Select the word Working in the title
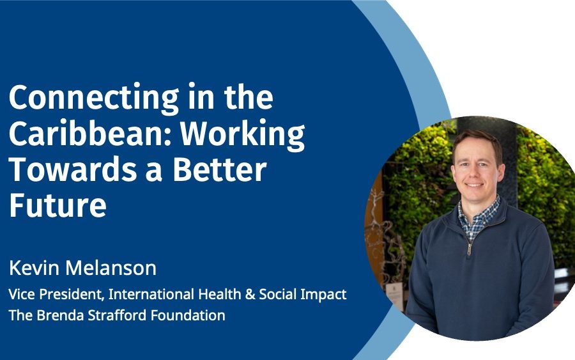243,135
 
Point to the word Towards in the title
73,169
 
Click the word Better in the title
219,169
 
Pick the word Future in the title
57,205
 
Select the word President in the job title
70,294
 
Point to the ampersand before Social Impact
250,294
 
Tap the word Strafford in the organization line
118,315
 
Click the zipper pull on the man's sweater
469,250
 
